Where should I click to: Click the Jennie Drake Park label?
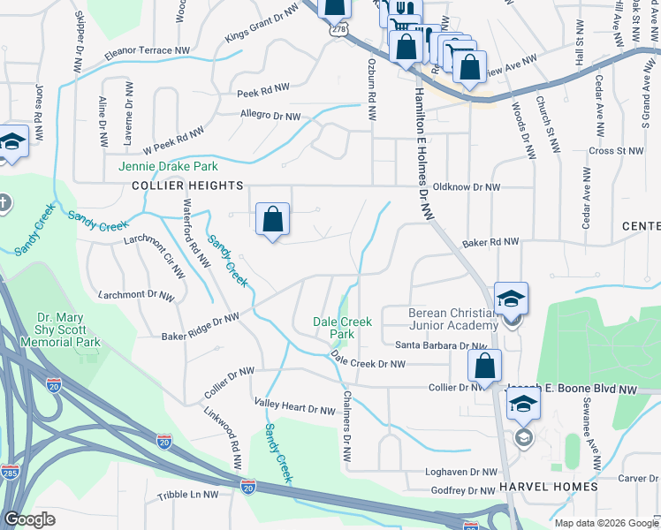(168, 166)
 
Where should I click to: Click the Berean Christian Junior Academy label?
(447, 319)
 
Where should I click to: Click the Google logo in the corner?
(29, 519)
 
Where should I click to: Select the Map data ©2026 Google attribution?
(606, 523)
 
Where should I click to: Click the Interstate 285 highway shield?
(10, 473)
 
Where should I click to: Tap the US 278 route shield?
(339, 30)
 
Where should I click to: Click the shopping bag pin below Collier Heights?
(272, 219)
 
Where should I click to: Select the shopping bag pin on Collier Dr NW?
(484, 366)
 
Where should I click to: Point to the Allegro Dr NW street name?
(270, 115)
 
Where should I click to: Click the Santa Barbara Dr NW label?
(440, 346)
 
